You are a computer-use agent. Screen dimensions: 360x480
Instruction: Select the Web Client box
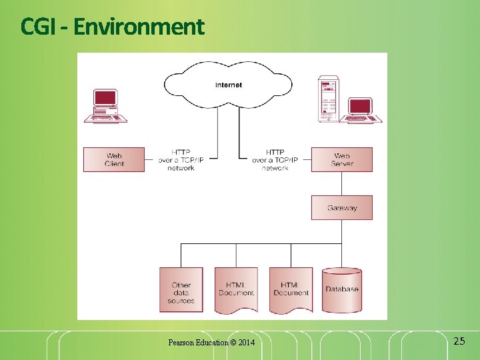coord(114,160)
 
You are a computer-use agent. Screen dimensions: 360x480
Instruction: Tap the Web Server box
coord(342,160)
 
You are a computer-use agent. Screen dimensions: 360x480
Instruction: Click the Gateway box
coord(342,208)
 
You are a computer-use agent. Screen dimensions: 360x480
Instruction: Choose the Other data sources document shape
coord(181,291)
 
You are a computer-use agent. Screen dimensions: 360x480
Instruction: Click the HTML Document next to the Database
coord(291,289)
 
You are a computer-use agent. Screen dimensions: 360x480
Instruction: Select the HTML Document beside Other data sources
coord(236,289)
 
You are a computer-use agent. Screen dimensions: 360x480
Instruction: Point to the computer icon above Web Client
coord(105,107)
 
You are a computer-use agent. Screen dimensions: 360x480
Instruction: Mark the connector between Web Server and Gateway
coord(342,184)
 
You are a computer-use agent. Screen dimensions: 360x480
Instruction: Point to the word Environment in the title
coord(139,27)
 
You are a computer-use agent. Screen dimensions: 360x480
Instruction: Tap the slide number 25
coord(459,341)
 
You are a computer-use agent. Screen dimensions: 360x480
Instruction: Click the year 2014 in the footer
coord(246,343)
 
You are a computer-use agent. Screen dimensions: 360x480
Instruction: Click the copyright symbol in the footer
coord(233,343)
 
